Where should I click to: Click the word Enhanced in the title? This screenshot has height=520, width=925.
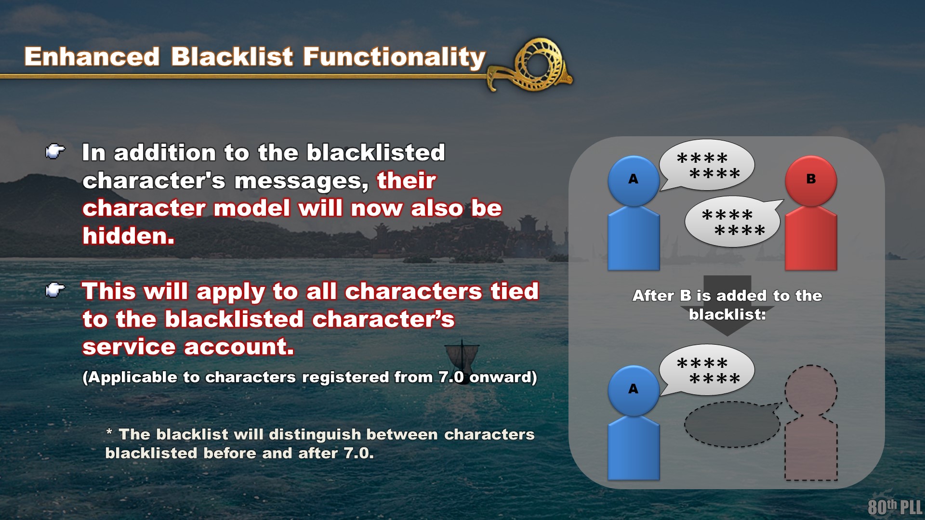[92, 57]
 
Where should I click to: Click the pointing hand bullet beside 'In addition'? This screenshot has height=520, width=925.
[55, 152]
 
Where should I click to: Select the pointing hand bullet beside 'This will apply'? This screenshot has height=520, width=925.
[55, 290]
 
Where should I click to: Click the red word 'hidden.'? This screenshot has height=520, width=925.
[129, 236]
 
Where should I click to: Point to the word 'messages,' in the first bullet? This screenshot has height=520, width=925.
[302, 182]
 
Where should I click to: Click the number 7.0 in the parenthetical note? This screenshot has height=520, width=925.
[451, 377]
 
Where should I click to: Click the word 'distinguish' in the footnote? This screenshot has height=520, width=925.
[315, 434]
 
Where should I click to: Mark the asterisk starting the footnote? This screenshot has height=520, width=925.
[109, 432]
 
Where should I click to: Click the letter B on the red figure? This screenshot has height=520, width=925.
[811, 179]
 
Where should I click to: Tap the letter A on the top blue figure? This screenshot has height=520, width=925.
[634, 179]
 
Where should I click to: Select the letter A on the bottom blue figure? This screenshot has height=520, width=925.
[634, 389]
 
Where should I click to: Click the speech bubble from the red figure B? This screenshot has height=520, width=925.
[733, 221]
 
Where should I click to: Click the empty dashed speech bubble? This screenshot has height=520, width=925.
[732, 424]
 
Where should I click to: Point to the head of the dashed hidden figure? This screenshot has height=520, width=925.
[811, 390]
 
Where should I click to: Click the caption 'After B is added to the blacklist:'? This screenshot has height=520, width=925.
[727, 305]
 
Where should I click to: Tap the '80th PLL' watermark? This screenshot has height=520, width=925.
[895, 507]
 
